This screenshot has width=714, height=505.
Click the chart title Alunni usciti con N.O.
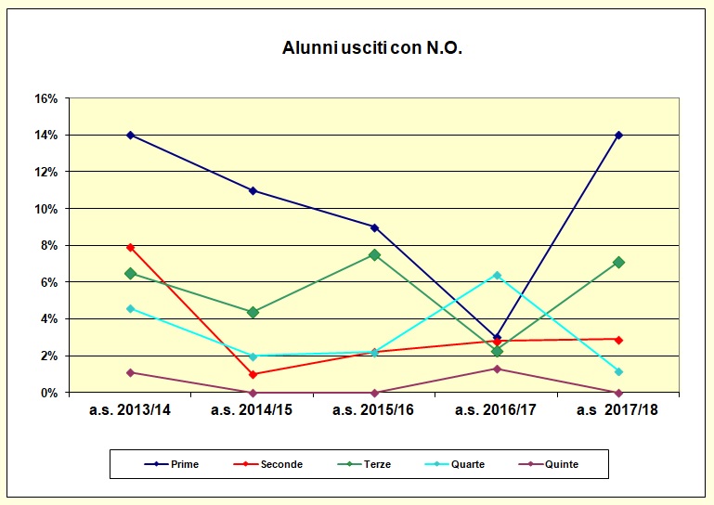pyautogui.click(x=371, y=48)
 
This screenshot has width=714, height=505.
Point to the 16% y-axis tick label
pyautogui.click(x=46, y=98)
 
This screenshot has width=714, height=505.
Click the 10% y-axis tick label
pyautogui.click(x=46, y=209)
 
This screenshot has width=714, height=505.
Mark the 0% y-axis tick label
pyautogui.click(x=50, y=393)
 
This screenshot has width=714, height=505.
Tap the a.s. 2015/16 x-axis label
pyautogui.click(x=374, y=410)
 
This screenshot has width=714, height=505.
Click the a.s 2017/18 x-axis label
pyautogui.click(x=617, y=410)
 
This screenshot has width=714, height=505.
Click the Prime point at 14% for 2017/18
pyautogui.click(x=618, y=136)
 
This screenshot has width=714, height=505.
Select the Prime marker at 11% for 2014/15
pyautogui.click(x=253, y=190)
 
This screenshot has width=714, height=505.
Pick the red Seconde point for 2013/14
pyautogui.click(x=131, y=248)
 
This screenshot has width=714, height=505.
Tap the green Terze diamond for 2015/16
pyautogui.click(x=374, y=254)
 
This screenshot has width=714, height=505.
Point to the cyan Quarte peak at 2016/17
pyautogui.click(x=497, y=276)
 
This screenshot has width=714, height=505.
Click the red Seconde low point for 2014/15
pyautogui.click(x=253, y=374)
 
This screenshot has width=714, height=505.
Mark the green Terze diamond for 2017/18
pyautogui.click(x=618, y=263)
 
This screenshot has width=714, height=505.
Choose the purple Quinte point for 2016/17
pyautogui.click(x=497, y=369)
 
